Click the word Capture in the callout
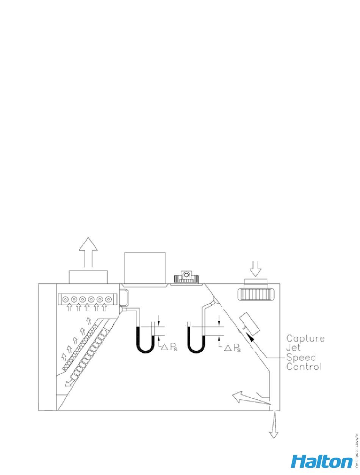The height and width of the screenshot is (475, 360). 305,339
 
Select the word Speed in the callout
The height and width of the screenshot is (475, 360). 301,357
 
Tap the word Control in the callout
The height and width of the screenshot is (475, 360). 304,367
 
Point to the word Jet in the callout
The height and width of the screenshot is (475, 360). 293,348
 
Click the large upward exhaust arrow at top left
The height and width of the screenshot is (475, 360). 88,252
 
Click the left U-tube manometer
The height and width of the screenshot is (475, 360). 145,339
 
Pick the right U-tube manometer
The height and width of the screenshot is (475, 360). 197,339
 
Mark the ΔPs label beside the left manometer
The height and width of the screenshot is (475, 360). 167,347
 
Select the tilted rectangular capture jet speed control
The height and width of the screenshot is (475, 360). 250,324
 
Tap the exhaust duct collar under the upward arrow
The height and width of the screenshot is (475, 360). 88,277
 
